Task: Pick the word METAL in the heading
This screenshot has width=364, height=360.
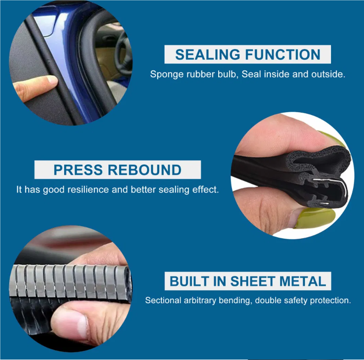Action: (x=303, y=281)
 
